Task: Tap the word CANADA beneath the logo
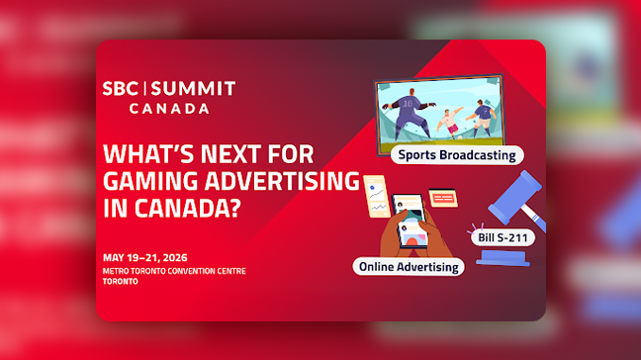pyautogui.click(x=169, y=108)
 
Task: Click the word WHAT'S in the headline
pyautogui.click(x=148, y=155)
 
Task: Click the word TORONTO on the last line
pyautogui.click(x=121, y=281)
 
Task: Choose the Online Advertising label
pyautogui.click(x=409, y=267)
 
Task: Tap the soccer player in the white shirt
pyautogui.click(x=451, y=121)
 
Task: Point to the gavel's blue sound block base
pyautogui.click(x=505, y=258)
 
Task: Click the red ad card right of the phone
pyautogui.click(x=446, y=199)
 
